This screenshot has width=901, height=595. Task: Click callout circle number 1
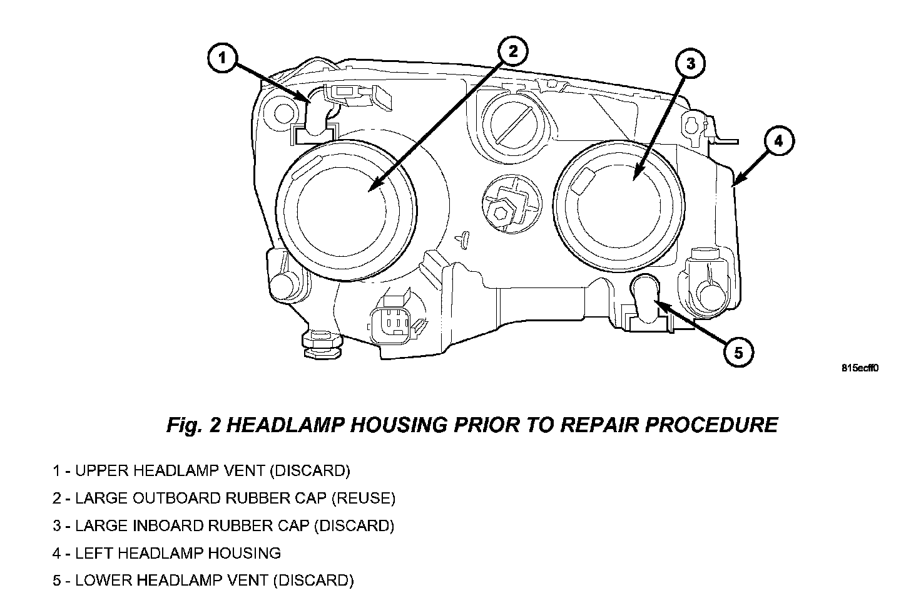223,59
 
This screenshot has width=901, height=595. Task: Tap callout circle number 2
512,51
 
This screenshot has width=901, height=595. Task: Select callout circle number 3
690,63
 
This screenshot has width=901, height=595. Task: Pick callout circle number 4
778,142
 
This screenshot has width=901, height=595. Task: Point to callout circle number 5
738,353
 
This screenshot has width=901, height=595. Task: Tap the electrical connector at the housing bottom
392,324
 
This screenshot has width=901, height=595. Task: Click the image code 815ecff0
860,368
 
